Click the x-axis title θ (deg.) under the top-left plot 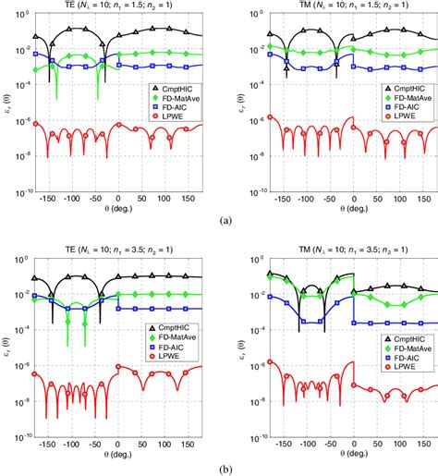(x=117, y=211)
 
